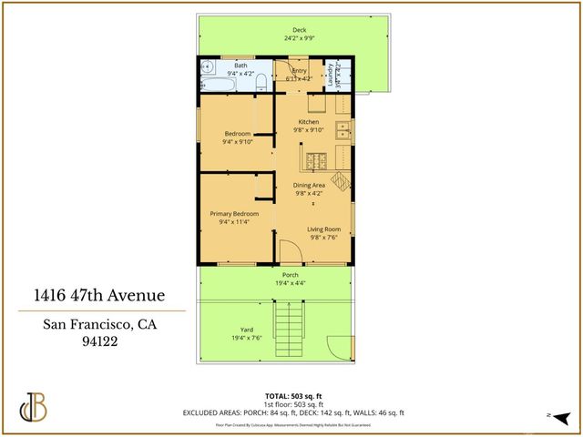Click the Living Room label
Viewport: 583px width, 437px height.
(323, 229)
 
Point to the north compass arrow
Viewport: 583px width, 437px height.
(562, 417)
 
